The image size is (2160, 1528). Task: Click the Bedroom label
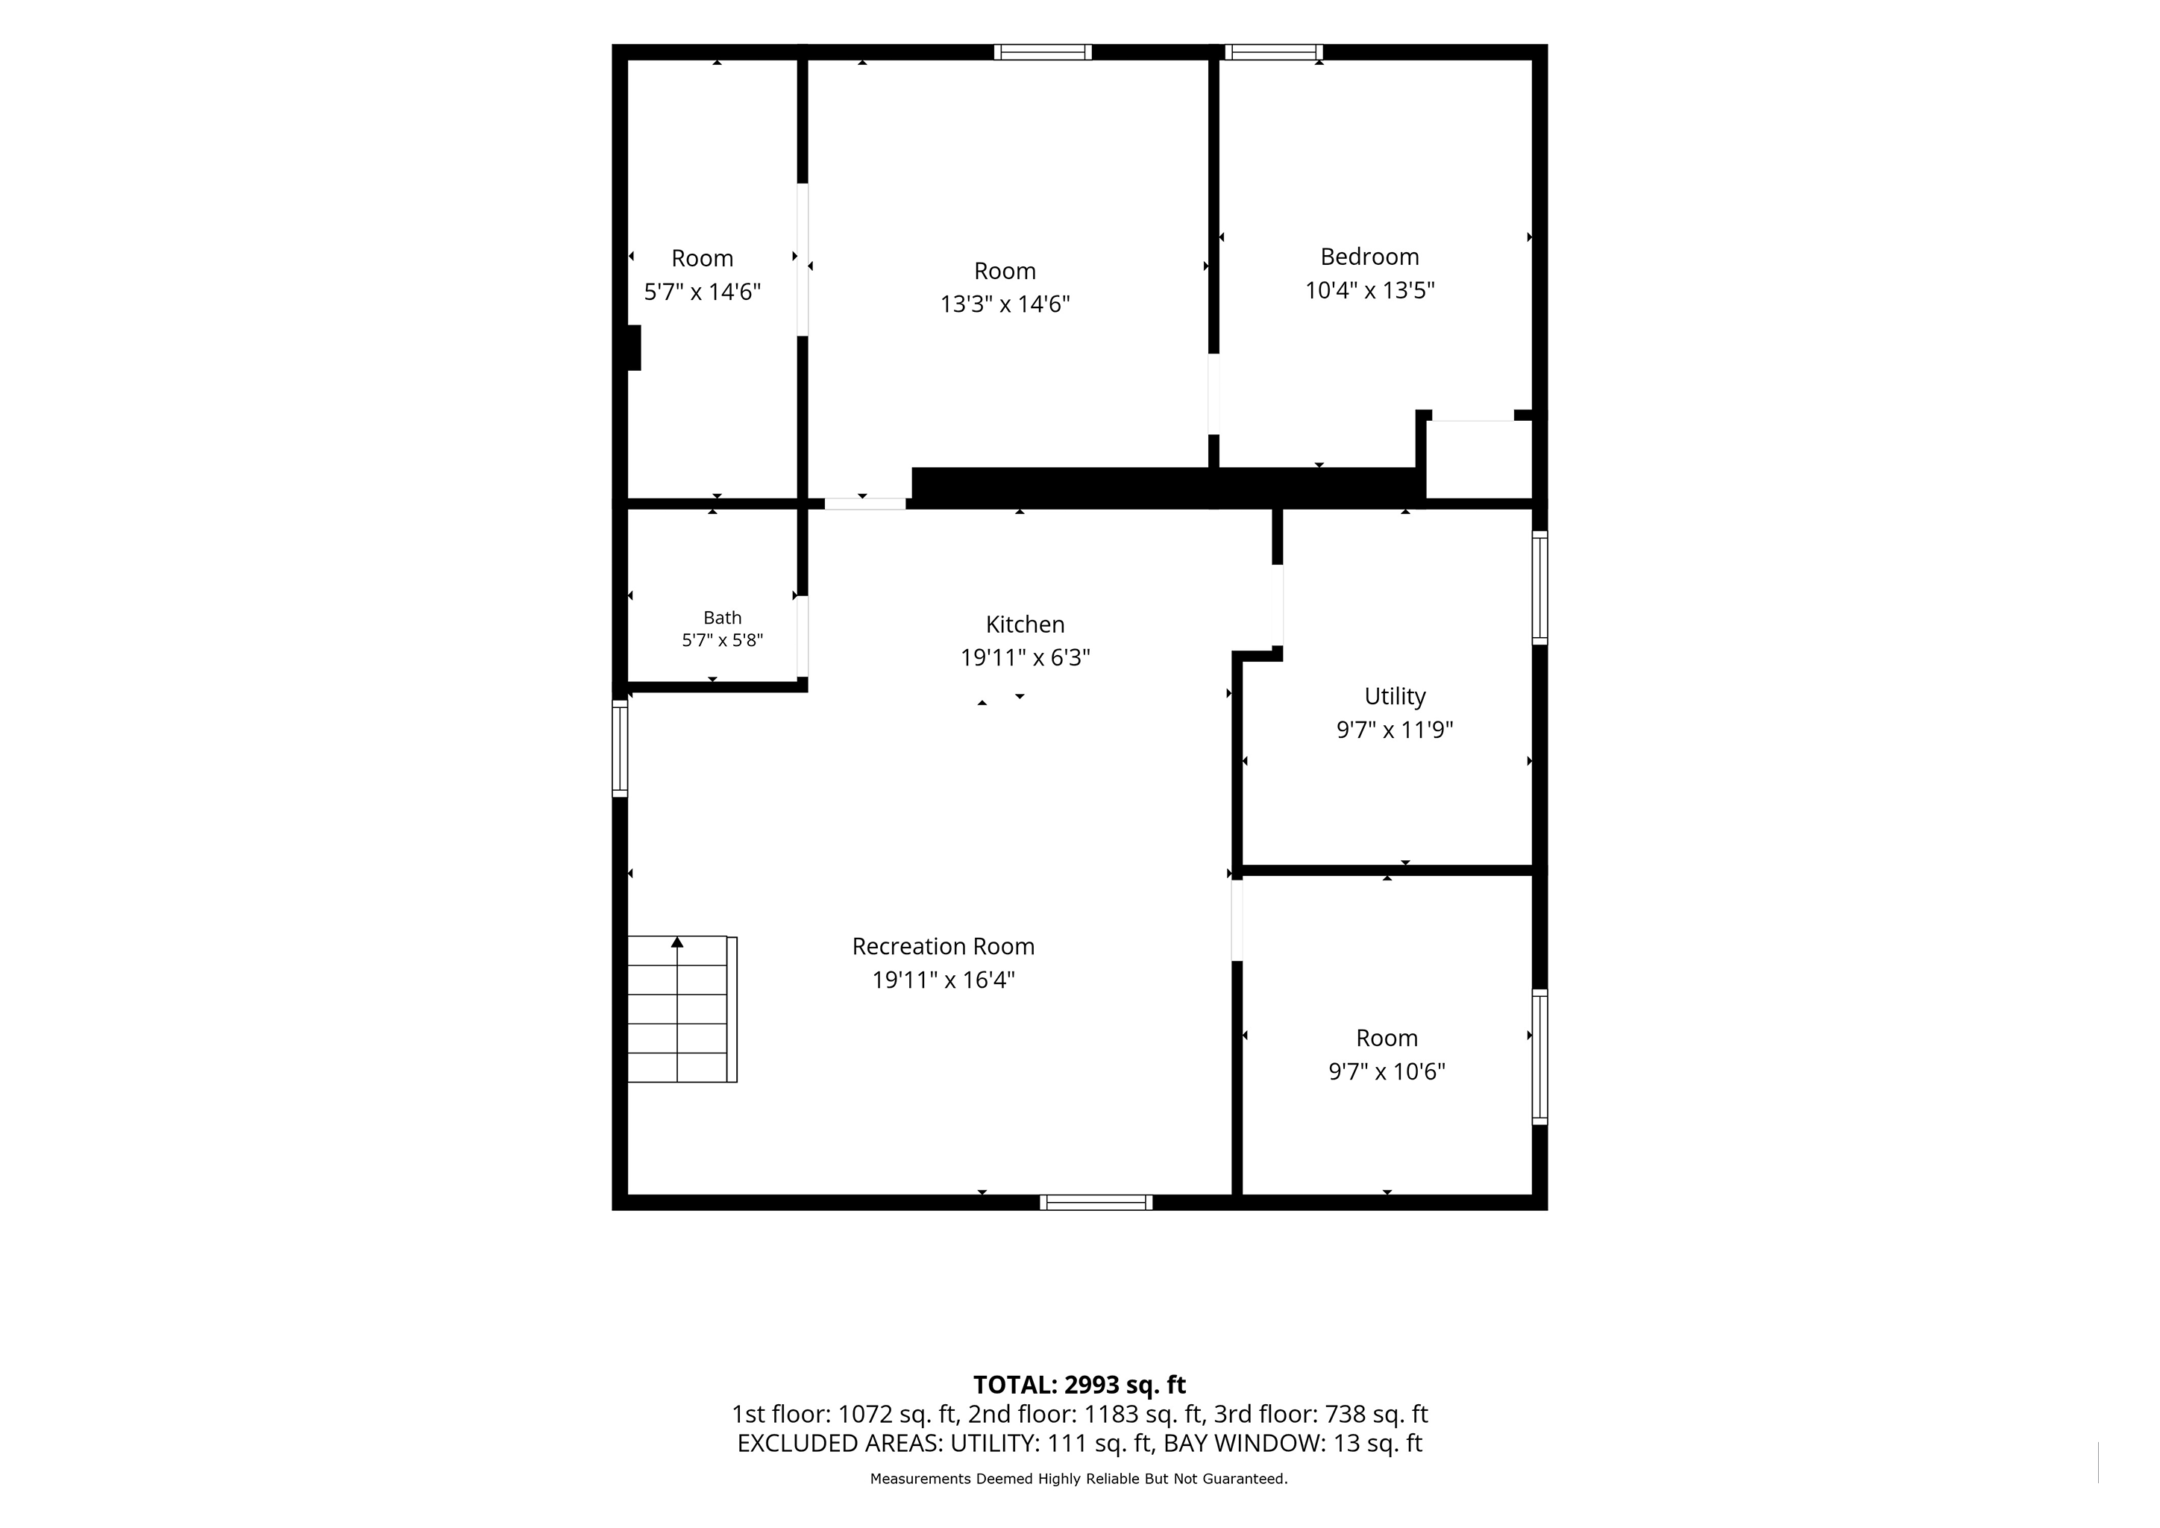(1369, 257)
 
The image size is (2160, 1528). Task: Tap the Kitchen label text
(1025, 624)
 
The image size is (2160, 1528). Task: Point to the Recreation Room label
(943, 947)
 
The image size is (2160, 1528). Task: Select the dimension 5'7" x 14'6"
(702, 292)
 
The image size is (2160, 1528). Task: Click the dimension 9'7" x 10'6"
(1386, 1071)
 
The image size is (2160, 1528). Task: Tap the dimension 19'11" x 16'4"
(943, 980)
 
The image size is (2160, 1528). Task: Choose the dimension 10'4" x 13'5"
(1369, 289)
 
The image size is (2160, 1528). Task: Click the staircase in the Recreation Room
(682, 1009)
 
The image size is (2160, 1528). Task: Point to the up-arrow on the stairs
(676, 942)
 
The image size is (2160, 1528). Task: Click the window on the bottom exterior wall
(1096, 1203)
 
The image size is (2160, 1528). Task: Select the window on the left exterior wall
(619, 748)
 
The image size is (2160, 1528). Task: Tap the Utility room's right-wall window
(1539, 588)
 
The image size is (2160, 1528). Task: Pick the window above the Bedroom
(1274, 51)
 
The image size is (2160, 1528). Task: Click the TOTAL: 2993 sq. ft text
(1079, 1385)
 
